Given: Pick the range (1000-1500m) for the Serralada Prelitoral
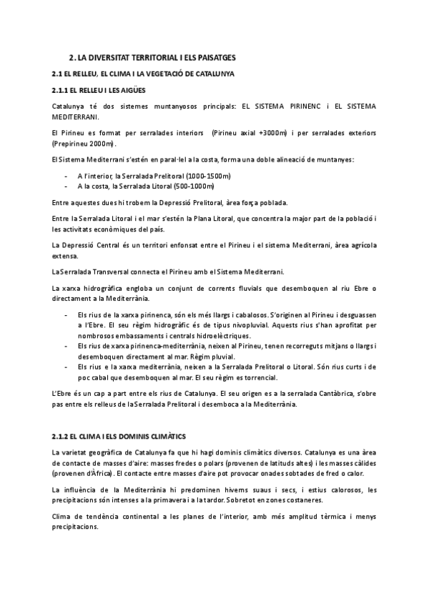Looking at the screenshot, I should (207, 175).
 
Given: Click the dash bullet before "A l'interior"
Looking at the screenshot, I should (66, 175).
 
